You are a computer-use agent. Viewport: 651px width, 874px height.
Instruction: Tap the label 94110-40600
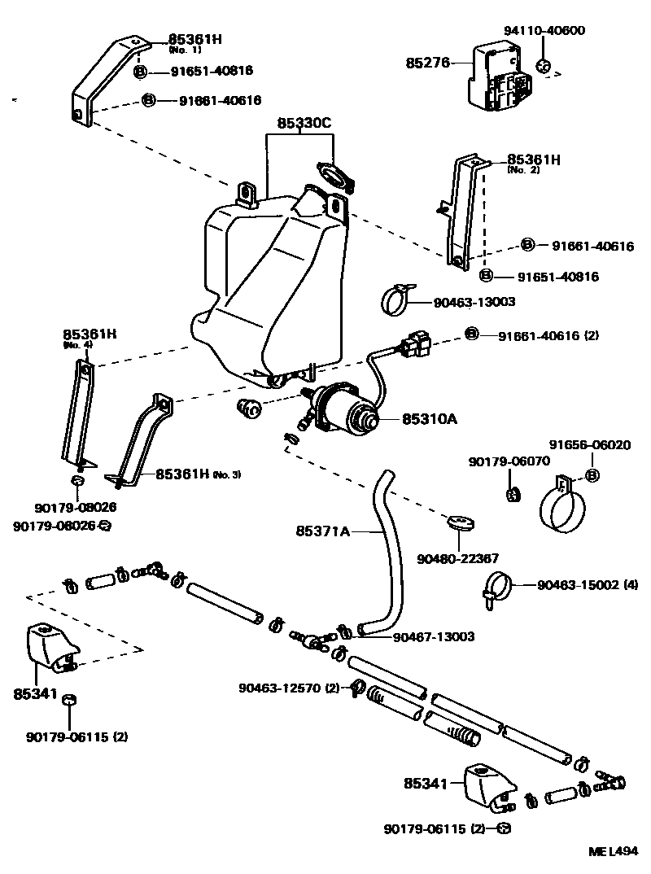coord(544,31)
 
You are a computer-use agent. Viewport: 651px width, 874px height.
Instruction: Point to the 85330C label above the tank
coord(304,124)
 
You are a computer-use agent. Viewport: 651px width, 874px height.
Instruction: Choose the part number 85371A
coord(322,532)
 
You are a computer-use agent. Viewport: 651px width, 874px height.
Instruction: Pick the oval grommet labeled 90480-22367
coord(461,521)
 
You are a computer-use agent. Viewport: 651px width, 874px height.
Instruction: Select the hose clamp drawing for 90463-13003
coord(398,299)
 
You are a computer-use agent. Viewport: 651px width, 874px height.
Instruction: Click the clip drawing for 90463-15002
coord(499,587)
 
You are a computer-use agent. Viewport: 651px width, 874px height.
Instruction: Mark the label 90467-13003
coord(434,637)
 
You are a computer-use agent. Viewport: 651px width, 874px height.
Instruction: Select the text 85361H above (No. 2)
coord(534,160)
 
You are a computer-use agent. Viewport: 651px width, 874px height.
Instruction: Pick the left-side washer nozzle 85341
coord(50,647)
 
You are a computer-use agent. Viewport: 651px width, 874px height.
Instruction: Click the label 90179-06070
coord(509,461)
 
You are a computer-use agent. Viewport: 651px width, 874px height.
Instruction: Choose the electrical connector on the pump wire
coord(416,345)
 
